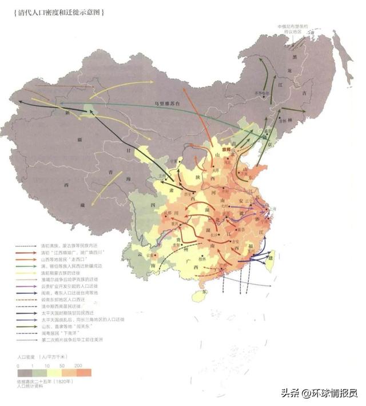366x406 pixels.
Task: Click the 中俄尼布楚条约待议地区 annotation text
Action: [293, 29]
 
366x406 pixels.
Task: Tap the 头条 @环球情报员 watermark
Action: [318, 393]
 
